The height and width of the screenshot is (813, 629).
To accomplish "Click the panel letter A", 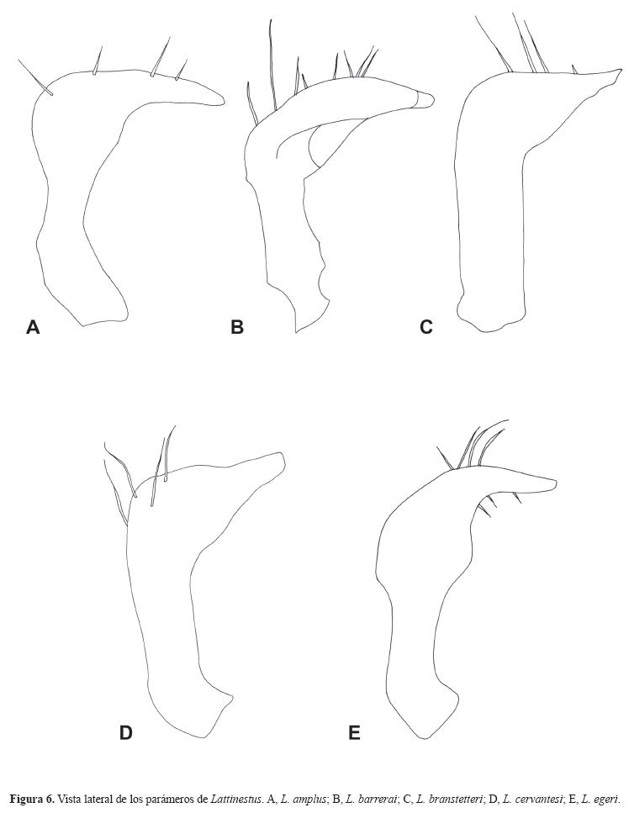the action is tap(33, 327).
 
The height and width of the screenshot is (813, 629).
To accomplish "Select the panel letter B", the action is tap(237, 327).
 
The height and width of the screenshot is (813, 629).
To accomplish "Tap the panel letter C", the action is tap(425, 327).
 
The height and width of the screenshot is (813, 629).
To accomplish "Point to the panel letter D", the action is tap(126, 732).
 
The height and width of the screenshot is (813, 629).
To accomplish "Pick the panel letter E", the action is tap(354, 732).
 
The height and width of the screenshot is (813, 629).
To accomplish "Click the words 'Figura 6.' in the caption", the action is tap(32, 798).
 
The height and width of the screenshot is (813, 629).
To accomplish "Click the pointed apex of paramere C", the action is tap(621, 71).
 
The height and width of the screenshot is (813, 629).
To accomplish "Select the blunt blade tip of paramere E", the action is tap(555, 483).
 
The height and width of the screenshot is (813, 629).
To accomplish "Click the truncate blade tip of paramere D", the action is tap(283, 460).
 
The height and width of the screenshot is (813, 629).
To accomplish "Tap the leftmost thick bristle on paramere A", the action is tap(34, 77).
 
